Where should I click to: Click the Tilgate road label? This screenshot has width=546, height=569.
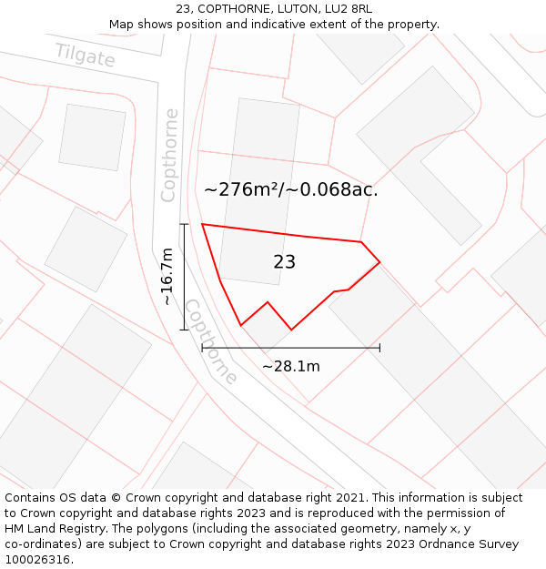click(86, 56)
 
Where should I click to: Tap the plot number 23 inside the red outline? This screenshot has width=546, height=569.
click(284, 262)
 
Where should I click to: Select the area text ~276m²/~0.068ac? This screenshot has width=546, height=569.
click(290, 190)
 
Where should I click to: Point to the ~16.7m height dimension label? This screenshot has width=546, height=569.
click(167, 277)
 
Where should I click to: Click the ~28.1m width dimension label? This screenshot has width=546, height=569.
click(291, 366)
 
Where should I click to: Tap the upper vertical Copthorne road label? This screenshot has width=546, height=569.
click(169, 155)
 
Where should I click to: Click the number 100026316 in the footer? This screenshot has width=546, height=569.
click(38, 559)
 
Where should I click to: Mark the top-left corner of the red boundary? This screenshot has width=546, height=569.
click(202, 224)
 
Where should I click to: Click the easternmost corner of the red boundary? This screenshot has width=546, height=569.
click(379, 262)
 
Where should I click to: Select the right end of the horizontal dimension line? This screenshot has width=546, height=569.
click(379, 348)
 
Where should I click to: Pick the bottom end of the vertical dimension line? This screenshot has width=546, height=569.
click(184, 330)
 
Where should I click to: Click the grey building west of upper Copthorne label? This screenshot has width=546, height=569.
click(92, 137)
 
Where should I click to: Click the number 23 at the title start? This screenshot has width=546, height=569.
click(183, 9)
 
